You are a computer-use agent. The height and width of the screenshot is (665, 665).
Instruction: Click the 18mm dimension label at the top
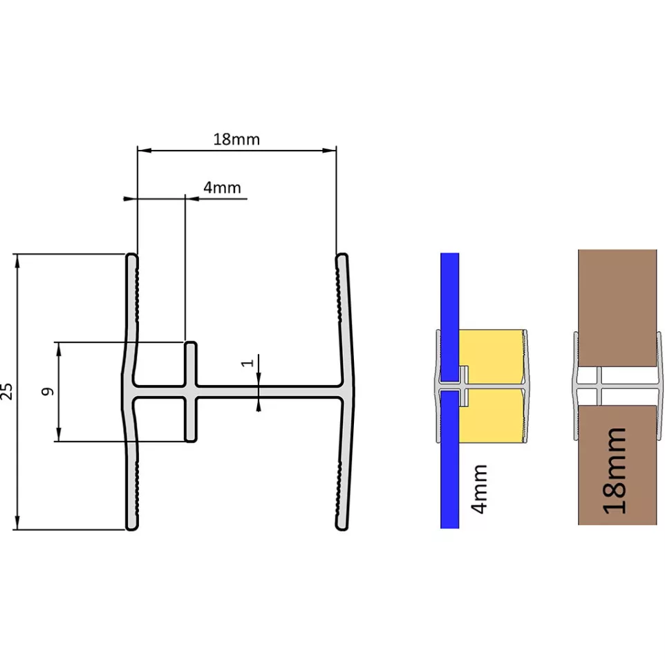coord(236,139)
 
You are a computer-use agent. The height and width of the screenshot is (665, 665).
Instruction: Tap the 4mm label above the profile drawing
coord(222,187)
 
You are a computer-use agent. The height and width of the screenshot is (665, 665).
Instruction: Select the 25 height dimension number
coord(7,391)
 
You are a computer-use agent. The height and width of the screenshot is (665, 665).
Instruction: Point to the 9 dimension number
coord(48,391)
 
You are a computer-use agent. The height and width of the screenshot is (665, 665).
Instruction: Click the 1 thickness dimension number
coord(247,363)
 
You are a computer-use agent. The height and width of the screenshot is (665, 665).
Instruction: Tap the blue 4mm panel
coord(449,391)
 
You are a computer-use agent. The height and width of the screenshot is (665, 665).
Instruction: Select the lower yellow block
coord(492,416)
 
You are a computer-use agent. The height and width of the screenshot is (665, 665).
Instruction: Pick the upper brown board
coord(617,308)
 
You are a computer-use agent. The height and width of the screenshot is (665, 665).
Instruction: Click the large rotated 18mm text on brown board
coord(615,471)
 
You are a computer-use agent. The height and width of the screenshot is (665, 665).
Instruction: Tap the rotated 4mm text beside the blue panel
coord(479,489)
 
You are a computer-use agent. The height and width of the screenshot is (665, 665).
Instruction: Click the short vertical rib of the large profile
coord(191,392)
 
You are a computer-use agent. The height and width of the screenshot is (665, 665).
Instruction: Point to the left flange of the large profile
coord(131,391)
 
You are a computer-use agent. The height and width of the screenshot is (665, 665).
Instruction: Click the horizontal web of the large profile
coord(238,392)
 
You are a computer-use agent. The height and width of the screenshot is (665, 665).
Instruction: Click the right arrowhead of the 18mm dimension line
coord(329,150)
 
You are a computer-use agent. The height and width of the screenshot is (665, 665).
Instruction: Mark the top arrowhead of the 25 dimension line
coord(17,261)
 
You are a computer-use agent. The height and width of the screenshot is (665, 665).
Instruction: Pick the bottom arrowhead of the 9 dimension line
coord(59,434)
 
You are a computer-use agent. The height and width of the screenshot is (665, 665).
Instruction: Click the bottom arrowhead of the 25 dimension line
coord(17,523)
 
